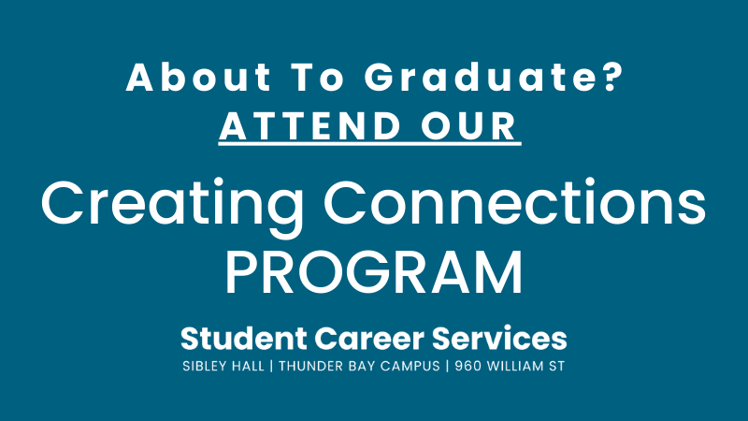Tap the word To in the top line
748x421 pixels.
(x=317, y=77)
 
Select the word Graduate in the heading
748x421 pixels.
(x=480, y=77)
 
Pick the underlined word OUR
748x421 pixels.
(x=470, y=126)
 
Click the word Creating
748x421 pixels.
(x=172, y=206)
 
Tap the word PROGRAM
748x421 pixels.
(x=374, y=272)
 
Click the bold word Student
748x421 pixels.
(x=244, y=339)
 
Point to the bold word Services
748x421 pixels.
(x=499, y=339)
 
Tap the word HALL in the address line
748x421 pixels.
(x=248, y=366)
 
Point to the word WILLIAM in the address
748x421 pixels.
(x=516, y=366)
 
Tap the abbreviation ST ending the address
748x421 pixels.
(x=558, y=366)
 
